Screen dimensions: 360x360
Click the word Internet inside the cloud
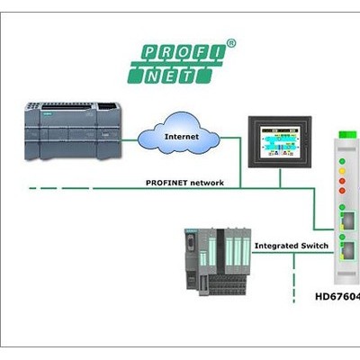click(x=182, y=137)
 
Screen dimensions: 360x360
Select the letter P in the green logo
click(x=148, y=53)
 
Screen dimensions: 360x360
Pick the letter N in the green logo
click(x=152, y=76)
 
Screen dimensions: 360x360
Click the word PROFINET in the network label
click(x=166, y=183)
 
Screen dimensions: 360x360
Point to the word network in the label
click(x=207, y=183)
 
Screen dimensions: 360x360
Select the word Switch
click(x=314, y=246)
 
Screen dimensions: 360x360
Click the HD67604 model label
click(x=337, y=296)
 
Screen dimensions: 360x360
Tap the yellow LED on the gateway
click(x=342, y=171)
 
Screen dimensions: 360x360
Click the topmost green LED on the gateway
click(x=342, y=161)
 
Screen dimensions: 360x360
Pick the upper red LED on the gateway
click(x=342, y=181)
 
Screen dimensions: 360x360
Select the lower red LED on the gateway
click(x=342, y=191)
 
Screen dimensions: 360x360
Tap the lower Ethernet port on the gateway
click(x=348, y=250)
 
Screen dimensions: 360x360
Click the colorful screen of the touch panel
click(x=280, y=141)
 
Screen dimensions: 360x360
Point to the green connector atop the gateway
click(x=347, y=134)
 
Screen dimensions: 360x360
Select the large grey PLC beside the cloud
click(x=73, y=130)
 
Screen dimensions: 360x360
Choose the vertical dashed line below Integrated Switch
click(x=294, y=278)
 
